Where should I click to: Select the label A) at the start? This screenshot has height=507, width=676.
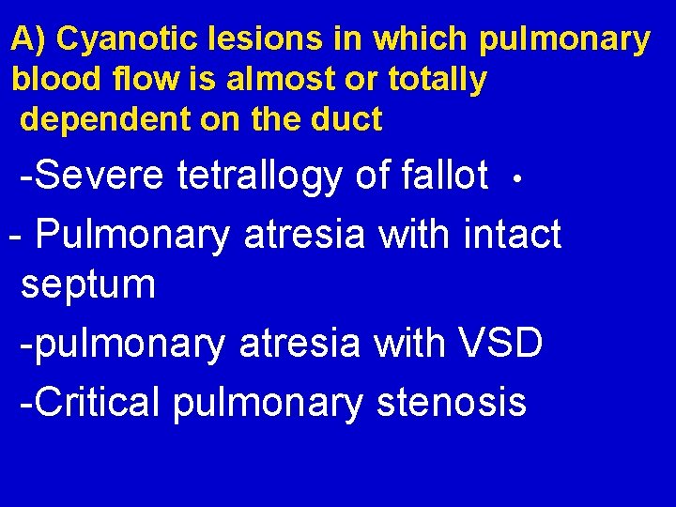(x=28, y=39)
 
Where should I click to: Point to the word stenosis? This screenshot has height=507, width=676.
(x=451, y=402)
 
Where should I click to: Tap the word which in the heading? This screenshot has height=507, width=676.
(x=421, y=39)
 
